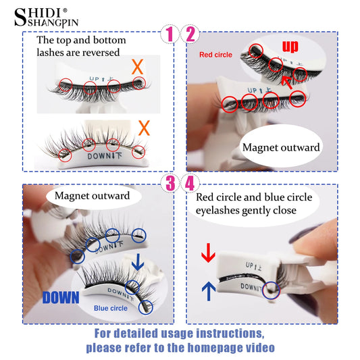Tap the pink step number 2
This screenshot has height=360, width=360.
(x=190, y=34)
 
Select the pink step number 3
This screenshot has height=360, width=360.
(x=169, y=183)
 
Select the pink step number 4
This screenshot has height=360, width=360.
(x=190, y=183)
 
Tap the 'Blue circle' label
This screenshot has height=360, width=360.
(x=111, y=308)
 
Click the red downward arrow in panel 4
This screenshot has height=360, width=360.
(x=208, y=253)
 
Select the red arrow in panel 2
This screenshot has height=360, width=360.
(x=288, y=83)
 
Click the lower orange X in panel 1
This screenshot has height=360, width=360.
(x=144, y=126)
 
